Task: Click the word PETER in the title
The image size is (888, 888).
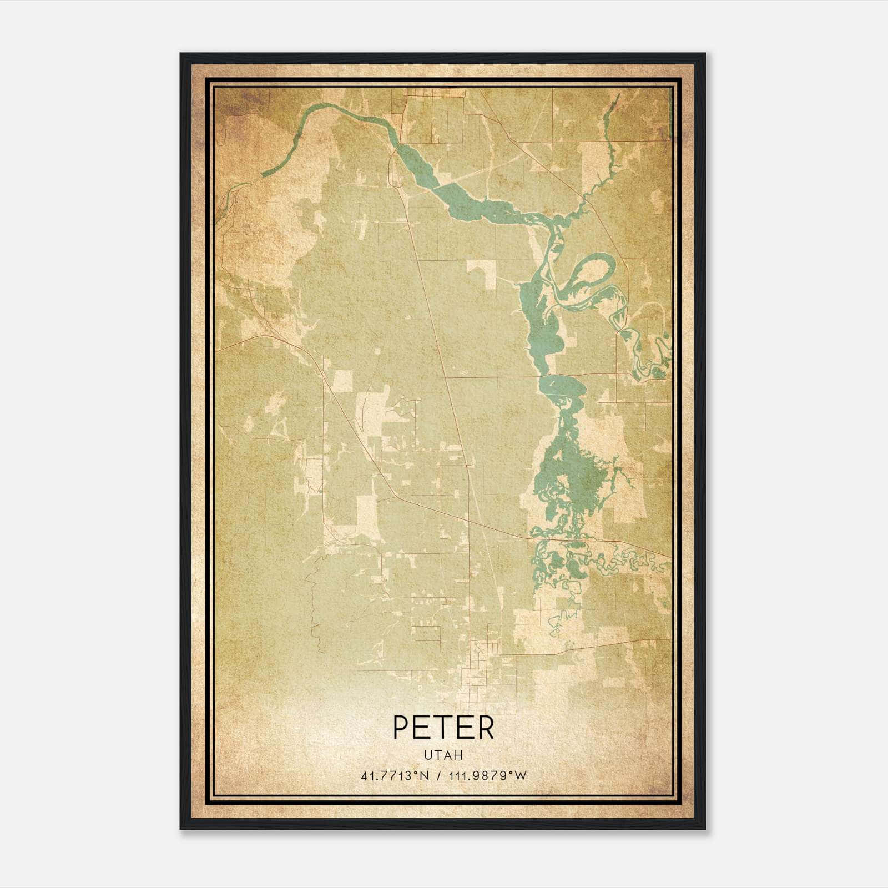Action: [443, 728]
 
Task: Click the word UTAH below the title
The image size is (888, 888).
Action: [443, 755]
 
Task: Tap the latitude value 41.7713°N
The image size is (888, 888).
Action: [395, 776]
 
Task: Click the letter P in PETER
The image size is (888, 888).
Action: [401, 728]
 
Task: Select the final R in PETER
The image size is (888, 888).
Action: [485, 728]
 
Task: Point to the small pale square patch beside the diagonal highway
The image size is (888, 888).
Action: [342, 380]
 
